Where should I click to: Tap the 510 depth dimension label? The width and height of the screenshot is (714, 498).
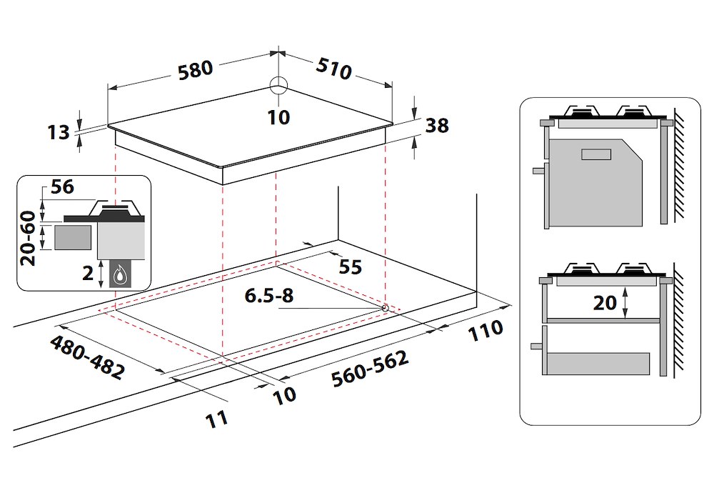(x=333, y=67)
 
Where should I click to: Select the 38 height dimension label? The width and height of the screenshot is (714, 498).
(x=436, y=125)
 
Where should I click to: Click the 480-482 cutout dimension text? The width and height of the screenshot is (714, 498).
(x=87, y=357)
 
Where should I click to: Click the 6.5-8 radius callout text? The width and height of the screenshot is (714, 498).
(x=269, y=296)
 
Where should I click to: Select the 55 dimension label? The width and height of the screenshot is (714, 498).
(x=350, y=267)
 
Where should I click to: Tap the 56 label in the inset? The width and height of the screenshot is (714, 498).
(x=62, y=188)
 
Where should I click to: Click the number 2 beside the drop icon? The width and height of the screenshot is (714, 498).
(x=87, y=272)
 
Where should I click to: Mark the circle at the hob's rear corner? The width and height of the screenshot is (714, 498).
(x=278, y=86)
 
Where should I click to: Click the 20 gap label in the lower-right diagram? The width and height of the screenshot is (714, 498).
(x=605, y=302)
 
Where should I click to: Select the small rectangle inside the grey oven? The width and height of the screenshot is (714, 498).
(x=596, y=154)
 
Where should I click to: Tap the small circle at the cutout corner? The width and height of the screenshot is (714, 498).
(x=386, y=308)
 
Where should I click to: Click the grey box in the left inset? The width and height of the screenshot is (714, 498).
(x=72, y=236)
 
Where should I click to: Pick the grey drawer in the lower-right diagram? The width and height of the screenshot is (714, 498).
(x=596, y=364)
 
